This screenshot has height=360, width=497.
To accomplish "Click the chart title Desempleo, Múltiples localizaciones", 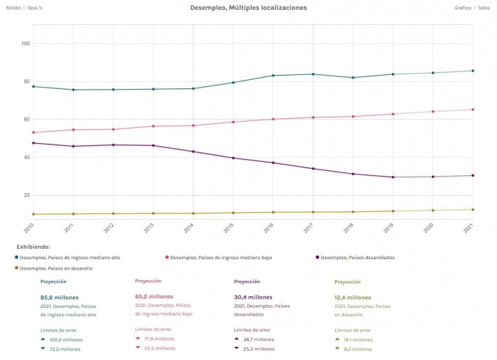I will pos(248,8).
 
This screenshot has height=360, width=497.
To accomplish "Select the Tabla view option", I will pos(484,8).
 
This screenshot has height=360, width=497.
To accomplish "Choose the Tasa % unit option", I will pos(35,8).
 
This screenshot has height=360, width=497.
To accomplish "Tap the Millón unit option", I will pos(13,8).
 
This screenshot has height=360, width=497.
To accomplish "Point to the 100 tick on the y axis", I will pos(26,44).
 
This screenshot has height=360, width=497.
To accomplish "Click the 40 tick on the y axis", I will pos(26,157).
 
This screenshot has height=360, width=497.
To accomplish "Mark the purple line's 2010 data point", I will pos(33,143).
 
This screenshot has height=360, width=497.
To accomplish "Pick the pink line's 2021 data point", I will pos(473,109).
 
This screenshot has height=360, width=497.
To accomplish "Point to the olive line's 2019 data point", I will pos(393,211).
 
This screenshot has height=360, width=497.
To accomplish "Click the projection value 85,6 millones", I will pos(59,297).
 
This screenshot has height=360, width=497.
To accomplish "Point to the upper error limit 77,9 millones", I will pos(159,339).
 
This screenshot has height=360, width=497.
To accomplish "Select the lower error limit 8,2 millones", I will pos(359,349).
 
